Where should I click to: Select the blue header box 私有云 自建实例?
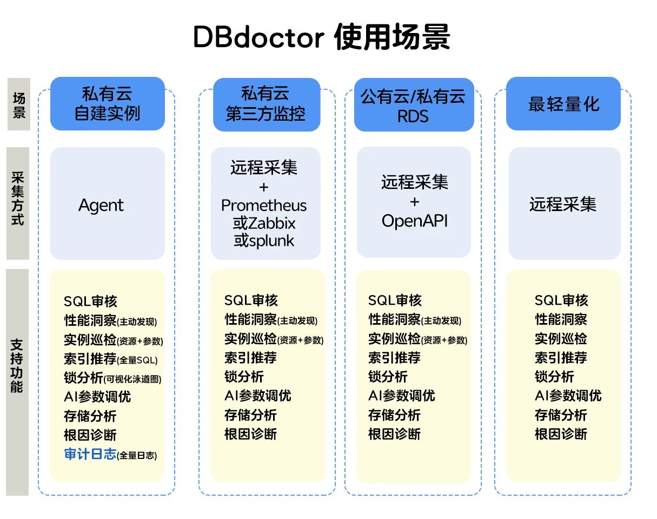click(x=107, y=104)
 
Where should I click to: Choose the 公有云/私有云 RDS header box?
click(x=414, y=105)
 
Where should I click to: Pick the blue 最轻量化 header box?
click(x=563, y=104)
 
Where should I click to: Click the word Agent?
click(x=101, y=205)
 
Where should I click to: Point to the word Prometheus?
click(x=264, y=206)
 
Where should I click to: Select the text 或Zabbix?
click(x=264, y=223)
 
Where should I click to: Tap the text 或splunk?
click(x=264, y=240)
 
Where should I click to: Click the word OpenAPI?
click(x=415, y=221)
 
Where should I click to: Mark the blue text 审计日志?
click(x=90, y=454)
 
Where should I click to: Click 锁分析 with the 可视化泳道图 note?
click(x=112, y=378)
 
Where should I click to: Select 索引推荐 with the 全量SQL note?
click(x=111, y=358)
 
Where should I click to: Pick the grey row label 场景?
click(x=18, y=104)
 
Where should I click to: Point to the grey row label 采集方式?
click(x=18, y=203)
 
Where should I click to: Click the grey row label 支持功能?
click(x=18, y=366)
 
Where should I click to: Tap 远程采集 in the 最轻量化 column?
click(x=563, y=204)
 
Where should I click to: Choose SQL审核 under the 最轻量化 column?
click(x=561, y=300)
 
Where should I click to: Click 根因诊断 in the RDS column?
click(x=394, y=433)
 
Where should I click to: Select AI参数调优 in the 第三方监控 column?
click(x=258, y=396)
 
